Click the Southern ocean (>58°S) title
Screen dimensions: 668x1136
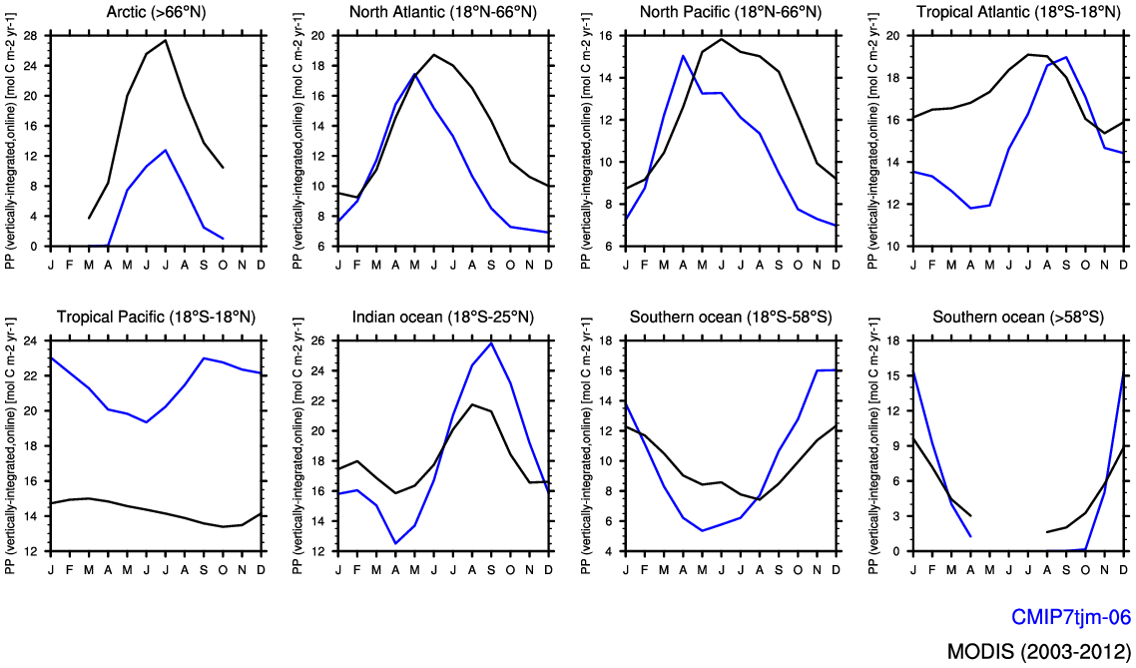click(x=1018, y=318)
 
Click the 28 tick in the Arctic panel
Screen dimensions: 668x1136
click(x=30, y=35)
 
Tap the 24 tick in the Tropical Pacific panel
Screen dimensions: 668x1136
click(x=30, y=340)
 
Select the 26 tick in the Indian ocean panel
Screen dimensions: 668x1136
click(x=318, y=340)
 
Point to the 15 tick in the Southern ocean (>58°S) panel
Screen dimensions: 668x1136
click(x=894, y=375)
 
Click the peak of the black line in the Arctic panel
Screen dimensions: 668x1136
click(x=166, y=41)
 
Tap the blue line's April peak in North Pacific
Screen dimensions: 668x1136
click(x=683, y=56)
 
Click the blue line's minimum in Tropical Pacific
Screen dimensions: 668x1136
click(x=147, y=422)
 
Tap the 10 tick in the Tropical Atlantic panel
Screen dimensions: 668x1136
click(x=894, y=247)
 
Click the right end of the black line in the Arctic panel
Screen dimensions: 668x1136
click(x=223, y=168)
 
